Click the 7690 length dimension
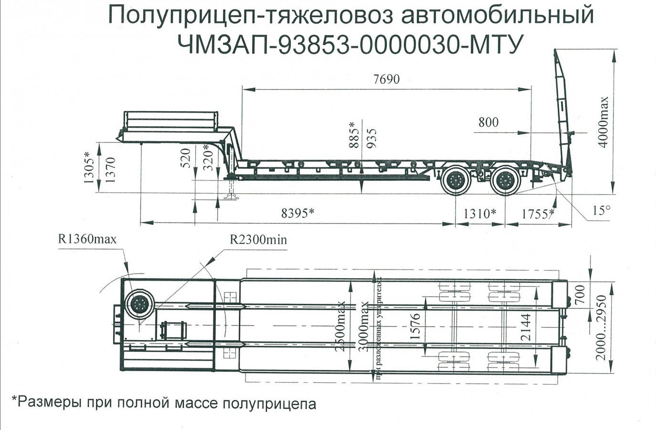click(386, 79)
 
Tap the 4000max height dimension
click(604, 122)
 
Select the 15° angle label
click(601, 210)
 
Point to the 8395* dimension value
click(297, 213)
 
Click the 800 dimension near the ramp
click(488, 122)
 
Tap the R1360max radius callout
click(87, 239)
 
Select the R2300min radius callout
click(258, 239)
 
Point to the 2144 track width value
click(526, 327)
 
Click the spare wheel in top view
click(140, 304)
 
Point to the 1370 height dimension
click(110, 169)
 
